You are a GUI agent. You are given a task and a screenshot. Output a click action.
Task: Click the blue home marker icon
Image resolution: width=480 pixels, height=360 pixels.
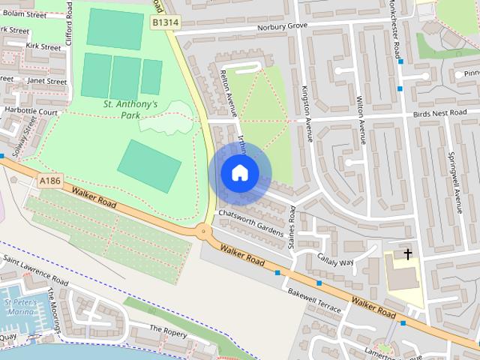239,173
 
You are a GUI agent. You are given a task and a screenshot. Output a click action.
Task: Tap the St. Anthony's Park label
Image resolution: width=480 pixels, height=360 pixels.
130,109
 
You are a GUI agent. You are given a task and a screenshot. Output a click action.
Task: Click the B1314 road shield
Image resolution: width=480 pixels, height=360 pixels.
165,23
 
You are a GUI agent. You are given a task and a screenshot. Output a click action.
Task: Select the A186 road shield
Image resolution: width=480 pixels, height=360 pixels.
49,181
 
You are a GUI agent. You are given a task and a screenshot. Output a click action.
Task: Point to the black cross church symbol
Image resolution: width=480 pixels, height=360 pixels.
408,254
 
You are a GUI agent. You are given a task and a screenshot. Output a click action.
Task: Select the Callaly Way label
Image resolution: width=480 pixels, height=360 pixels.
335,258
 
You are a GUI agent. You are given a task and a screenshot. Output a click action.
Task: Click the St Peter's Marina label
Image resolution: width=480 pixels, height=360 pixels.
18,306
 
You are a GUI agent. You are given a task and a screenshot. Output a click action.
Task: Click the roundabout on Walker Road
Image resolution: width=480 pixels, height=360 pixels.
203,231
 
